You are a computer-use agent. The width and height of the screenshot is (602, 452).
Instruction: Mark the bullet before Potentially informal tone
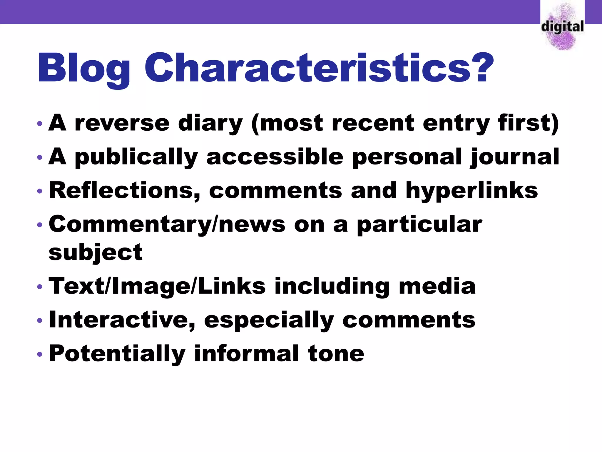(x=40, y=354)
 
